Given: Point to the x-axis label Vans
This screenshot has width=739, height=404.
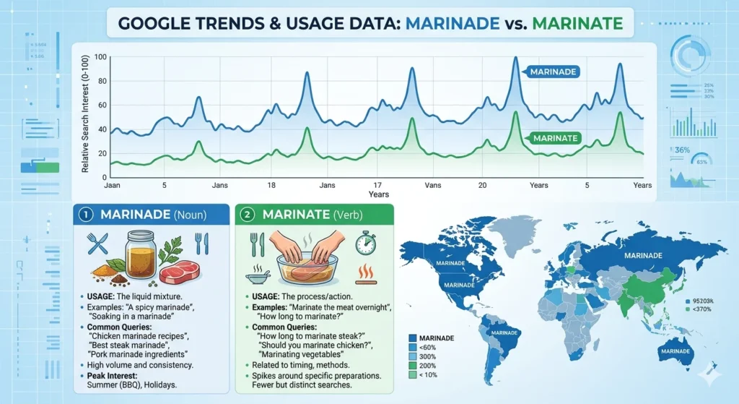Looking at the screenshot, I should pos(433,186).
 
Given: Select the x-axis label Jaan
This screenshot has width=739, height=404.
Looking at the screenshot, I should pos(113,186).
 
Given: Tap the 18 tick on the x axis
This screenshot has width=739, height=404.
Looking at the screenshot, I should pos(272,186).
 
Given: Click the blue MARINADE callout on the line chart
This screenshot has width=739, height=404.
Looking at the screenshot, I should pos(552,72).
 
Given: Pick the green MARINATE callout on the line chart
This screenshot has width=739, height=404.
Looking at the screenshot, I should pos(554,137).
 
